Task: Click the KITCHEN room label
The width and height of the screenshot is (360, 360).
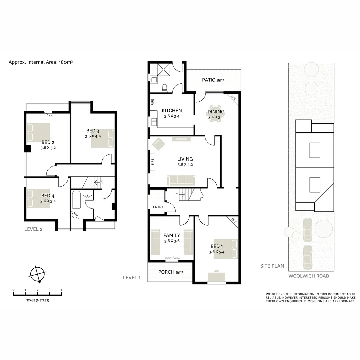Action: tap(172, 111)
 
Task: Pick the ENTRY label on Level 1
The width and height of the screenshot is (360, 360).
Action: tap(158, 207)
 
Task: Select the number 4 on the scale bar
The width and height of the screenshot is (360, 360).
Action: tap(61, 290)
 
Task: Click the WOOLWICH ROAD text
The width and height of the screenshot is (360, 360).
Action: tap(309, 276)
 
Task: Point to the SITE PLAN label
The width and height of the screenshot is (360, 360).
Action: tap(272, 266)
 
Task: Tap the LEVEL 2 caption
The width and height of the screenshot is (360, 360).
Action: tap(33, 229)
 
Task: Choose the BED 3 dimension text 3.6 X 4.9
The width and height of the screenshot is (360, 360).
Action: tap(93, 136)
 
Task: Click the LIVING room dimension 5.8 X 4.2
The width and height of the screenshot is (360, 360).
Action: tap(185, 164)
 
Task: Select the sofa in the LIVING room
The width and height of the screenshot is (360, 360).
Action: tap(181, 180)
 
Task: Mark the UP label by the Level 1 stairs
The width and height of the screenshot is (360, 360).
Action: tap(177, 194)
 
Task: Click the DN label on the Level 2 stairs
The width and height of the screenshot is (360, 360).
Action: tap(102, 182)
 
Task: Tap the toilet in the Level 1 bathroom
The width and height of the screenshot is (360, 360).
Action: tap(164, 88)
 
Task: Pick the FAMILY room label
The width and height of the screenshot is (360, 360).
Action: tap(172, 235)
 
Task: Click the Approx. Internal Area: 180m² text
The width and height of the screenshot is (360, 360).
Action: tap(41, 62)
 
